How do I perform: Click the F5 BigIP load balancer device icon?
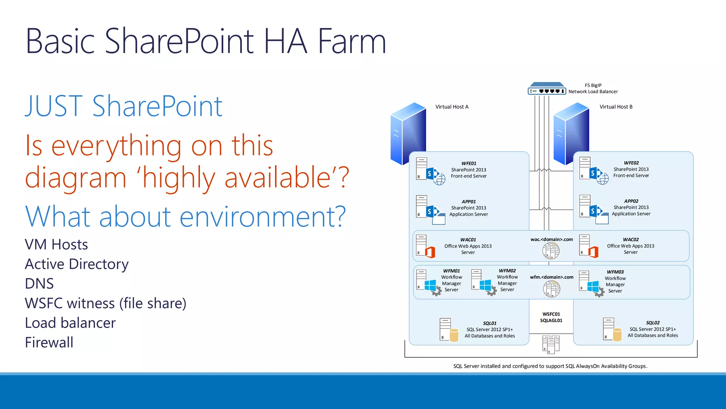(x=547, y=89)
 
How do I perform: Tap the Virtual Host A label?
(x=452, y=107)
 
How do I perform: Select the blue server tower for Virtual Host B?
(x=571, y=133)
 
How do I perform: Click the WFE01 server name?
(x=469, y=163)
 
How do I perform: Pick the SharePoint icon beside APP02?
(x=596, y=212)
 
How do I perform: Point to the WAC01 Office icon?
(x=430, y=252)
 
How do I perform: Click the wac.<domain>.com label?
(x=551, y=239)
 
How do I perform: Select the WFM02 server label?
(x=507, y=271)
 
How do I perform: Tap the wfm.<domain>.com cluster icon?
(x=552, y=289)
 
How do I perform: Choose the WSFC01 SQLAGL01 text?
(x=551, y=317)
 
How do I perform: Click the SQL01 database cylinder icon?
(x=454, y=335)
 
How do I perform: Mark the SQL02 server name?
(x=653, y=323)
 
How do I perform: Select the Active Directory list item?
(x=77, y=264)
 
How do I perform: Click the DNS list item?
(x=39, y=284)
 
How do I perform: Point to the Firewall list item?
(x=49, y=343)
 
